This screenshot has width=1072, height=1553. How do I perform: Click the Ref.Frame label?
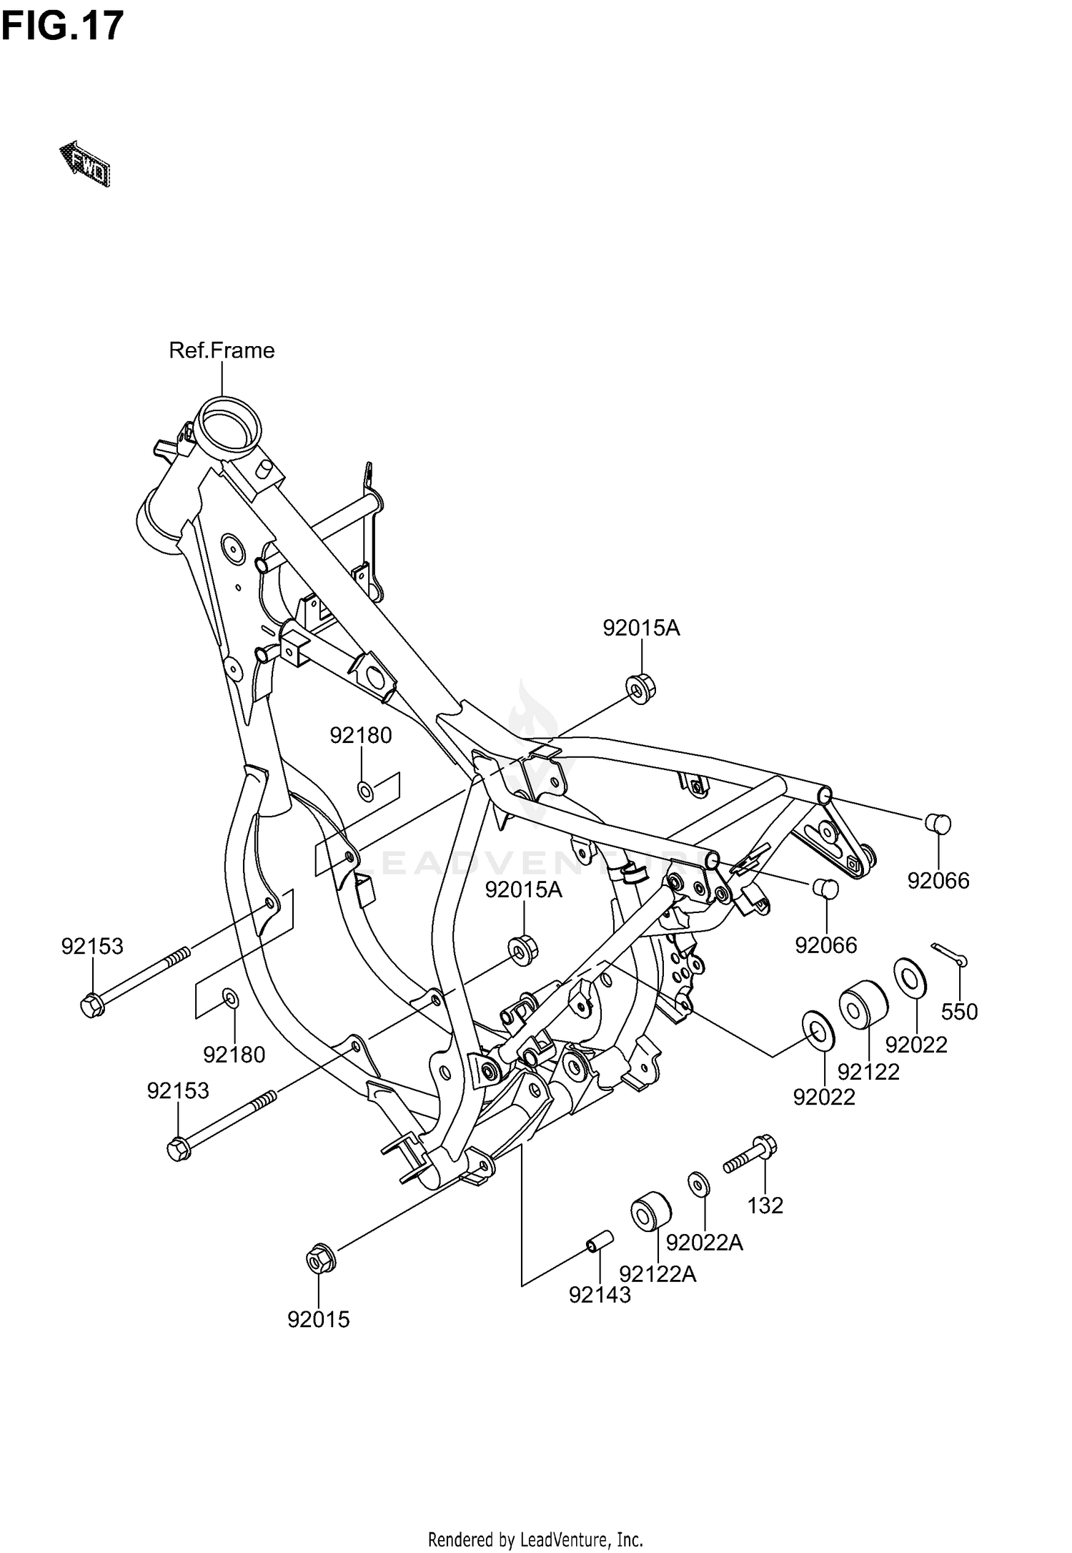(222, 350)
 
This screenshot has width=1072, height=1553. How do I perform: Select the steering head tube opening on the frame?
(229, 428)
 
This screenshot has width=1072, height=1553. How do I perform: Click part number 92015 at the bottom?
(319, 1320)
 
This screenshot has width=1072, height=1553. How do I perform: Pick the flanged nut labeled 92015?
(319, 1259)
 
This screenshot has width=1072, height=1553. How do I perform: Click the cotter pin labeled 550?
(949, 955)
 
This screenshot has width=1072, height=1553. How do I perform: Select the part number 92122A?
(657, 1273)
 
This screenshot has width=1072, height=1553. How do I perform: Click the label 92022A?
(705, 1243)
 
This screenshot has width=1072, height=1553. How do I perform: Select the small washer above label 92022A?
(698, 1184)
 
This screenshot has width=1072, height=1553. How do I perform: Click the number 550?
(959, 1012)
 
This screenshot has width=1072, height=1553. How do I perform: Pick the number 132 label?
(765, 1206)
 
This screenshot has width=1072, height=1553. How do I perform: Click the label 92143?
(600, 1295)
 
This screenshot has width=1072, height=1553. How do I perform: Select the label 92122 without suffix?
(868, 1072)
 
